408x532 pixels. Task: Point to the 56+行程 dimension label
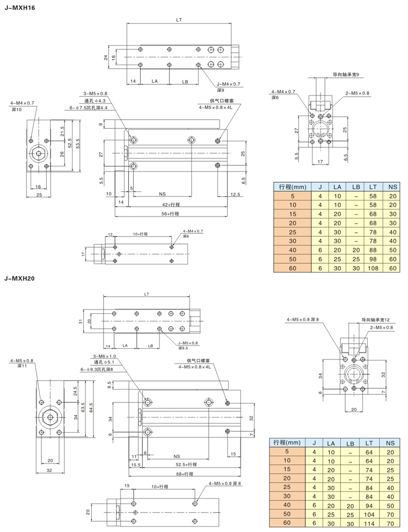click(x=171, y=213)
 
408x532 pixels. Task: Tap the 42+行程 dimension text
click(x=171, y=205)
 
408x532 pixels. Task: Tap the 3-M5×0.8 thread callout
click(x=96, y=94)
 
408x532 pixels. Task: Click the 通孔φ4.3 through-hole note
click(x=96, y=100)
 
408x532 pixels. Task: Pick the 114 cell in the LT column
click(x=368, y=522)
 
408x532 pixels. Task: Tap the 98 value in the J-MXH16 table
click(x=373, y=258)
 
